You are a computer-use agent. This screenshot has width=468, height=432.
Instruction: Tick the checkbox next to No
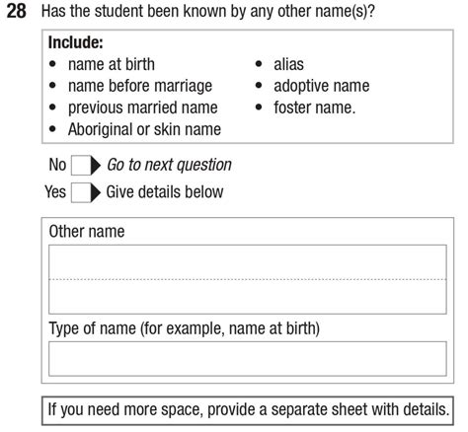[80, 166]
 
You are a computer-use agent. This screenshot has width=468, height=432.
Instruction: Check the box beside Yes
[80, 191]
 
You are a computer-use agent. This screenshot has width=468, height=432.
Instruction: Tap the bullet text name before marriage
[139, 86]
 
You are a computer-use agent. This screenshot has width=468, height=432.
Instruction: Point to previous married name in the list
[142, 108]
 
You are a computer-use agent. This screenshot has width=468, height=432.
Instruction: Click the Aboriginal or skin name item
[144, 129]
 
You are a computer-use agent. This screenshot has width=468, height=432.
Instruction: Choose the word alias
[290, 65]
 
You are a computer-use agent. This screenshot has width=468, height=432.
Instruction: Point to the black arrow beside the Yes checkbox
[97, 191]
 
